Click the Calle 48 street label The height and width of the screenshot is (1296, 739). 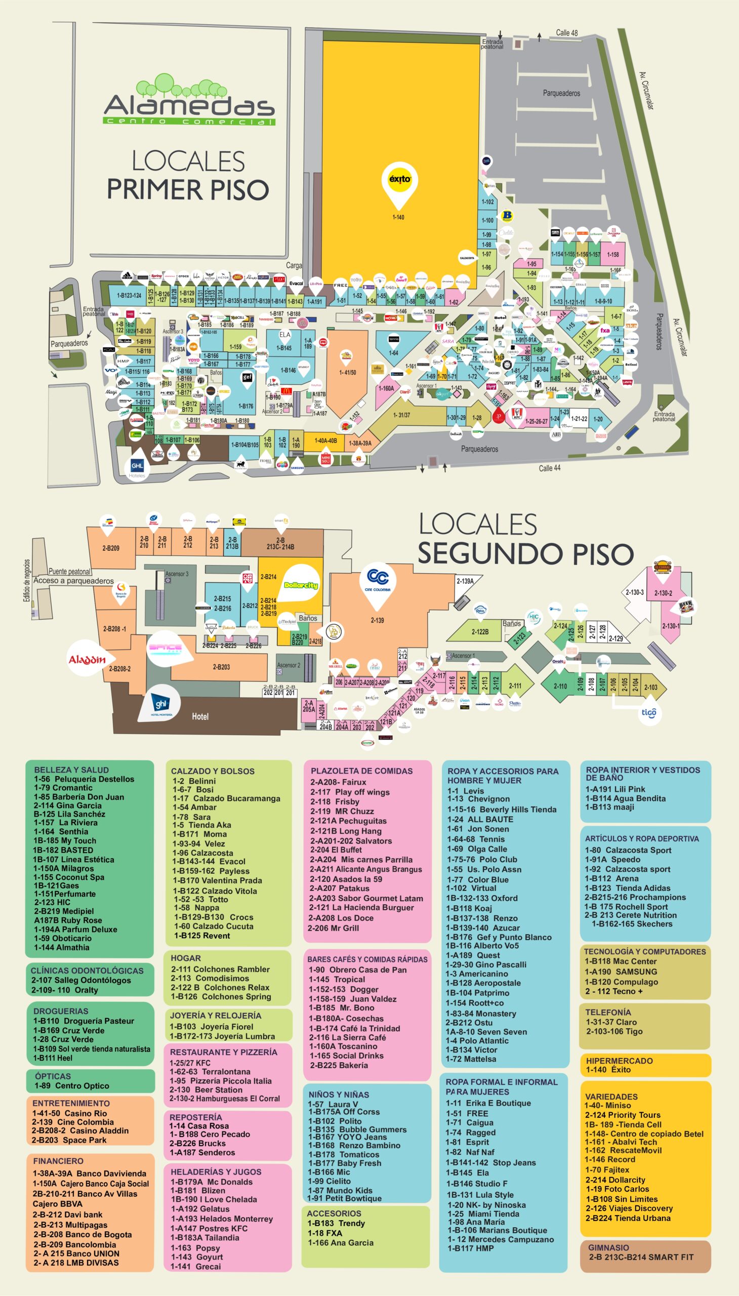point(566,33)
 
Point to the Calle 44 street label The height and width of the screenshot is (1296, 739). point(550,468)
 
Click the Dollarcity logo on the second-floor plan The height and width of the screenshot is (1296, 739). point(301,585)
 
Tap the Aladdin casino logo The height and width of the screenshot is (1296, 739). point(87,660)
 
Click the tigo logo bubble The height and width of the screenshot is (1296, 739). point(649,712)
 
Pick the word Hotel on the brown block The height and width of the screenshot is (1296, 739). point(200,716)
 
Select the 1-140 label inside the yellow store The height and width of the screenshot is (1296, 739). point(398,217)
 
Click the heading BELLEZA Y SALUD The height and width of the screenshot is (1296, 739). point(71,769)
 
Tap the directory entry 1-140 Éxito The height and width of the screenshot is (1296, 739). point(608,1070)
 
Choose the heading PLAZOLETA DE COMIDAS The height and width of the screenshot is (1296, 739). point(361,771)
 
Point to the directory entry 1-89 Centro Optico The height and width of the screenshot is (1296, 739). point(71,1086)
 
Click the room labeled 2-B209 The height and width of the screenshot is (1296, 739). point(111,548)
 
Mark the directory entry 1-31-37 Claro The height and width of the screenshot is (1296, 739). point(611,1022)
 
